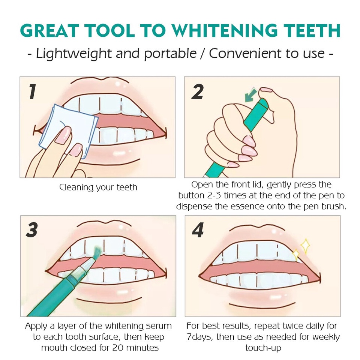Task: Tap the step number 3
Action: (x=32, y=230)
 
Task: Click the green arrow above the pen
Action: (x=250, y=94)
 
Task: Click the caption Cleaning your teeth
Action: (x=98, y=187)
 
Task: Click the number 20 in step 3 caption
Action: (x=118, y=348)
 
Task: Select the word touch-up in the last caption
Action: (x=263, y=348)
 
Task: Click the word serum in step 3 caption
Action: (x=159, y=326)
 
